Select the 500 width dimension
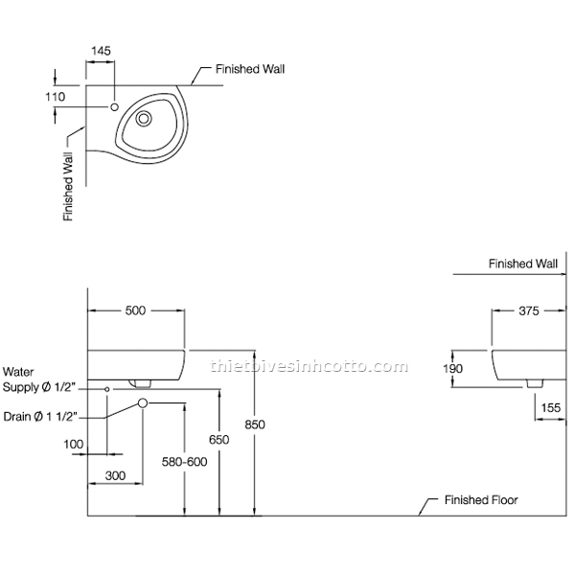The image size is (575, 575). pyautogui.click(x=135, y=310)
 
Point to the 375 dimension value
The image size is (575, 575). pyautogui.click(x=530, y=310)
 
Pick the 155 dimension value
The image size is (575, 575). pyautogui.click(x=549, y=408)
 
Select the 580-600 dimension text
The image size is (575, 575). pyautogui.click(x=184, y=461)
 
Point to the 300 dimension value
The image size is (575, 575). pyautogui.click(x=115, y=475)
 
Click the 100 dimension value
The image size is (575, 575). pyautogui.click(x=74, y=445)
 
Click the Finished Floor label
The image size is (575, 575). pyautogui.click(x=480, y=500)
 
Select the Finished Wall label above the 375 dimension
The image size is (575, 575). pyautogui.click(x=522, y=263)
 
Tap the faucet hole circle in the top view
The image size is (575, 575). pyautogui.click(x=115, y=107)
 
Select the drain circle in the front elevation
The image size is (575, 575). pyautogui.click(x=142, y=403)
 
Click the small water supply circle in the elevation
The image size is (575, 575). pyautogui.click(x=107, y=389)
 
